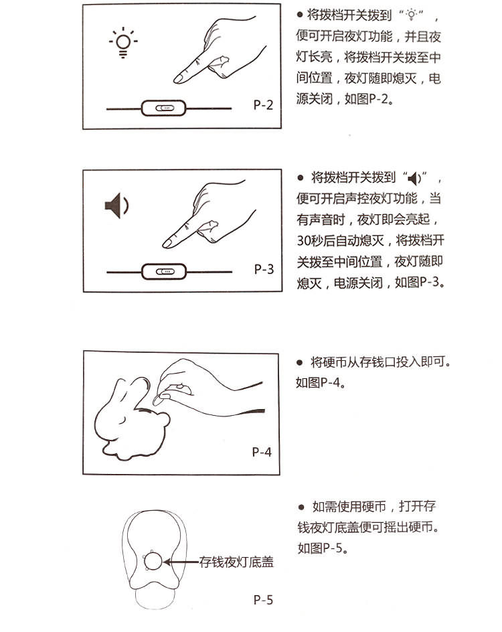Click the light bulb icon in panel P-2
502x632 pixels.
click(x=123, y=43)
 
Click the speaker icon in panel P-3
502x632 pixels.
click(x=116, y=206)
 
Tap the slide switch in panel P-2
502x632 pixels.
click(x=164, y=108)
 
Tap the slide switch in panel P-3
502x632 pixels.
click(x=164, y=272)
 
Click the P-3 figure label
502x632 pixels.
click(x=264, y=269)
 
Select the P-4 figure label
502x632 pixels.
click(x=262, y=452)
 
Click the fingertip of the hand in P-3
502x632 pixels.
click(x=166, y=244)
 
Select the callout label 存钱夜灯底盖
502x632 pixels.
click(x=236, y=562)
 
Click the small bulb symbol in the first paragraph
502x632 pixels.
click(x=411, y=15)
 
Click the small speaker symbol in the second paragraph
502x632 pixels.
click(x=414, y=178)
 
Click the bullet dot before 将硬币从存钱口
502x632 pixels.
click(x=299, y=362)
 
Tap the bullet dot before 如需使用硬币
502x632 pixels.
click(x=301, y=507)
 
